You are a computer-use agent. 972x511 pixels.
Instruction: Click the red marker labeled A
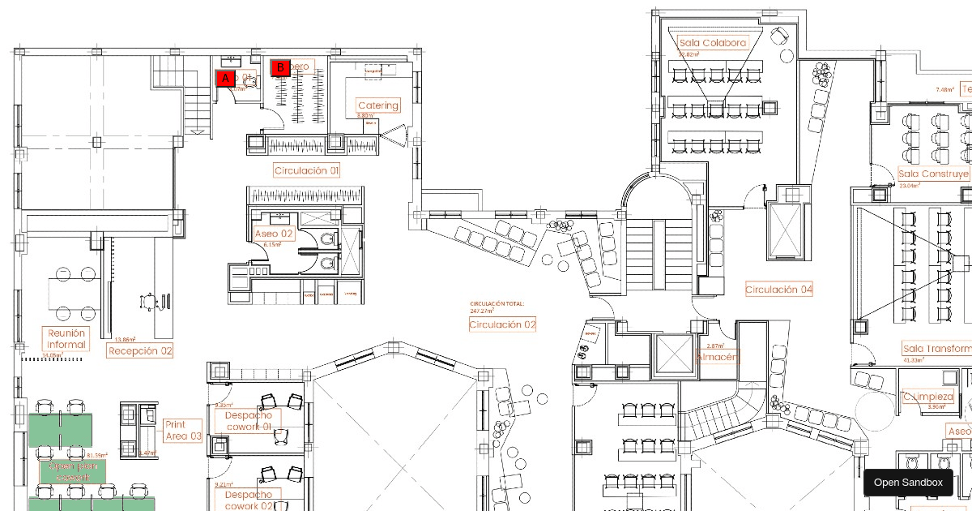click(225, 78)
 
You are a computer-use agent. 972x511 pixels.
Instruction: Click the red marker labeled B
click(280, 67)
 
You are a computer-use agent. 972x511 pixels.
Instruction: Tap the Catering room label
click(378, 105)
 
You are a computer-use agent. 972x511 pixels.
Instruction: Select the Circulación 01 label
click(306, 170)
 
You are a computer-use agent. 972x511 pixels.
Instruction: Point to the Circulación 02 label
click(502, 324)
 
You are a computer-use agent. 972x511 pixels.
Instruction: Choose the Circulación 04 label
click(778, 290)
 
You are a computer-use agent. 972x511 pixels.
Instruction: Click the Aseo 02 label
click(273, 234)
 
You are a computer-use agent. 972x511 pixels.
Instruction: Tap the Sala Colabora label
click(713, 43)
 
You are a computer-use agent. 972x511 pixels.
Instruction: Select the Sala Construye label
click(934, 174)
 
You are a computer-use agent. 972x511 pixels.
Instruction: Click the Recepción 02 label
click(140, 351)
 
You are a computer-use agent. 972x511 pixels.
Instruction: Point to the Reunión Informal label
click(66, 339)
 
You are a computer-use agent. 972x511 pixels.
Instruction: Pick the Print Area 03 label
click(183, 431)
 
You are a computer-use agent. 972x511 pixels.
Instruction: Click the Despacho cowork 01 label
click(248, 421)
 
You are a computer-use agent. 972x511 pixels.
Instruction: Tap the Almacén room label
click(717, 357)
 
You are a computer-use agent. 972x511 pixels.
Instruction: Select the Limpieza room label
click(928, 397)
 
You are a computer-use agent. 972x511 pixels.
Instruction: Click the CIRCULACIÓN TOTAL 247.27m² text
click(497, 307)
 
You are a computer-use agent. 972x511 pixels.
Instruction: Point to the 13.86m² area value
click(125, 340)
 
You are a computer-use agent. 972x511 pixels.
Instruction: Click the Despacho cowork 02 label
click(248, 500)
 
